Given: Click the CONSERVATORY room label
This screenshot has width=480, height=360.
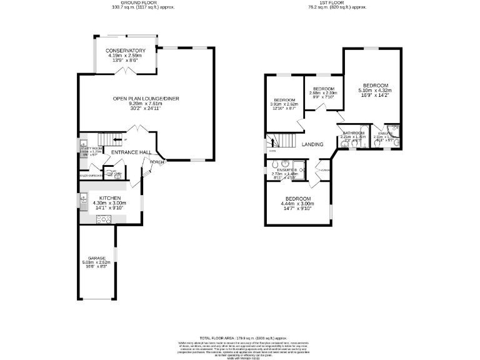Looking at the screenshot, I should point(125,51).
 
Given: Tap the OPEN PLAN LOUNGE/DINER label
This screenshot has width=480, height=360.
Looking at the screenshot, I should point(137,99).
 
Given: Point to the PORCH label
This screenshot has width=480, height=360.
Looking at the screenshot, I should point(157,162).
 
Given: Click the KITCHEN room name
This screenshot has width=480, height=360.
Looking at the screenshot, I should point(109,197).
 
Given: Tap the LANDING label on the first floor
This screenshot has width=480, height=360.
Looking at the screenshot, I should point(312,144).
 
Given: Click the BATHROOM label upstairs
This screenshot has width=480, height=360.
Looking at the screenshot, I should point(353,133).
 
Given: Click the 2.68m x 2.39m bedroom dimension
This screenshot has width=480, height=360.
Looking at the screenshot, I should point(324,93).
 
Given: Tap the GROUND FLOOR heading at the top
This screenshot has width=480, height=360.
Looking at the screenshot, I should point(142,4).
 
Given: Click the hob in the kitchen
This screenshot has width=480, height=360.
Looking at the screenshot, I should point(103,219).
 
